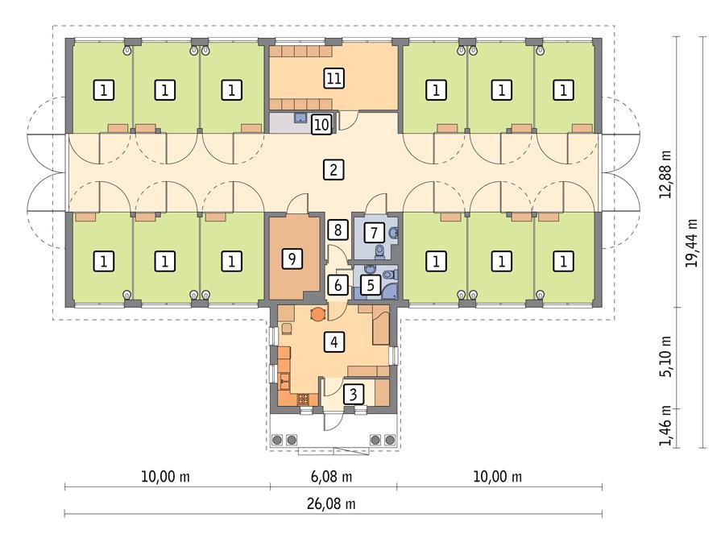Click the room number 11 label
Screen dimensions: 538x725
pos(333,77)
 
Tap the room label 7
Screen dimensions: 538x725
pos(373,233)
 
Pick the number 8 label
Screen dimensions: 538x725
pos(338,230)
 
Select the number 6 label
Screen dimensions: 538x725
pos(338,283)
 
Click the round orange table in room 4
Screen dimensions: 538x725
pos(317,313)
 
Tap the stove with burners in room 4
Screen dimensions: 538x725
pos(303,398)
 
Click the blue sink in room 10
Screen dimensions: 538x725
pos(299,118)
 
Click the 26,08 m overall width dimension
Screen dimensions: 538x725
pos(332,504)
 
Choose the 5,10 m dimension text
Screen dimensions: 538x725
pos(665,358)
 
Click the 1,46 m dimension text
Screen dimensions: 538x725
pos(665,428)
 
